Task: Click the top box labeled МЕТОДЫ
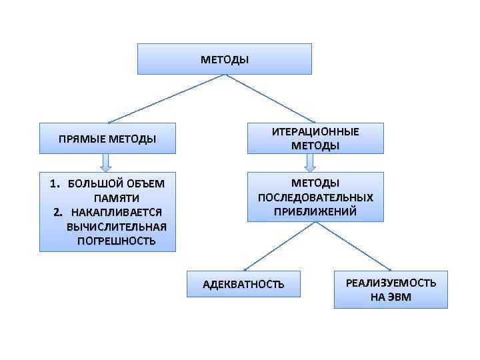click(x=225, y=59)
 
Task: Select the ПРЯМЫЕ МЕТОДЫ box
click(x=107, y=139)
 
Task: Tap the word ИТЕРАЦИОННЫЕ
click(x=315, y=132)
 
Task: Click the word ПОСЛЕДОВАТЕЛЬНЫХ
click(x=315, y=197)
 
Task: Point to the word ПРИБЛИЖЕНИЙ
click(x=315, y=211)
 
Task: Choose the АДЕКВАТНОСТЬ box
click(x=243, y=285)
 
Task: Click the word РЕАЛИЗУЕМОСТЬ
click(x=391, y=283)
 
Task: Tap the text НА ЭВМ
click(x=391, y=297)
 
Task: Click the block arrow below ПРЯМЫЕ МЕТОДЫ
click(x=107, y=163)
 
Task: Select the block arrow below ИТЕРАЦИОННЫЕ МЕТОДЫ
click(x=310, y=163)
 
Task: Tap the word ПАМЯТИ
click(x=117, y=198)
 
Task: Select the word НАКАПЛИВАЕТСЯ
click(x=117, y=212)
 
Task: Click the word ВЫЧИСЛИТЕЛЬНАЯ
click(x=117, y=226)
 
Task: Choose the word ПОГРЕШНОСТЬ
click(x=117, y=240)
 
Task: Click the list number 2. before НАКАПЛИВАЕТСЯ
click(x=58, y=212)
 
